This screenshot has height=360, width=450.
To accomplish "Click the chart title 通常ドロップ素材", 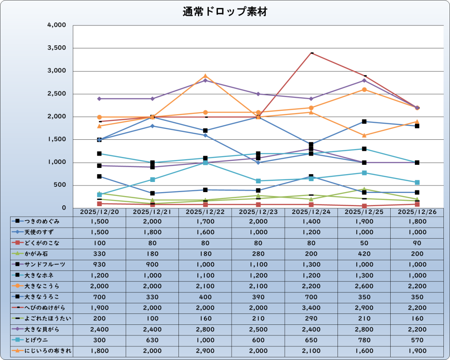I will [225, 12].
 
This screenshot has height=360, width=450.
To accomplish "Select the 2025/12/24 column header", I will [311, 212].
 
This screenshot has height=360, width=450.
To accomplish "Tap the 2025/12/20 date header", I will [99, 212].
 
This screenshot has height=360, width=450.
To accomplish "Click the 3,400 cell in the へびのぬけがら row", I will [311, 308].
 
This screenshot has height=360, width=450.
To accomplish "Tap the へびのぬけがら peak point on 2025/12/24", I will [312, 53].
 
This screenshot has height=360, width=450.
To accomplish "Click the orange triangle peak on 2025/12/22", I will [205, 76].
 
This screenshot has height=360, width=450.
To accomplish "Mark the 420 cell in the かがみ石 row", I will [364, 254].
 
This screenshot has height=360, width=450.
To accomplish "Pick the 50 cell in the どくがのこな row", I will [364, 243].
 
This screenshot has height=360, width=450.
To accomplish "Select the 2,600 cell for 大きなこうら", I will [364, 286].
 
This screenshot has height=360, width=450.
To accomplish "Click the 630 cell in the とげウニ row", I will [152, 340].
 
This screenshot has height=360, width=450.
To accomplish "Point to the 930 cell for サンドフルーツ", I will [99, 264].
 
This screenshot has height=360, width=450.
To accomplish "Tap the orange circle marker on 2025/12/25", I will [364, 90].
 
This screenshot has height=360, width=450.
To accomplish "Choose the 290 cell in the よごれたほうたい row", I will [311, 318].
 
